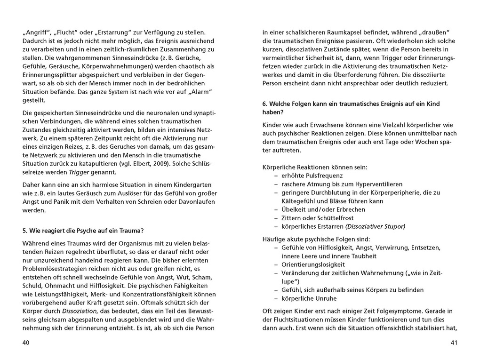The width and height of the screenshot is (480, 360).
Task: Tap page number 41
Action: (x=454, y=343)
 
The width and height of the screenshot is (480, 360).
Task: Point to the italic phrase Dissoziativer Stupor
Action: (x=375, y=226)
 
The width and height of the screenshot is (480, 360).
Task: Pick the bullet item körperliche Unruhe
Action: (x=309, y=298)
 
